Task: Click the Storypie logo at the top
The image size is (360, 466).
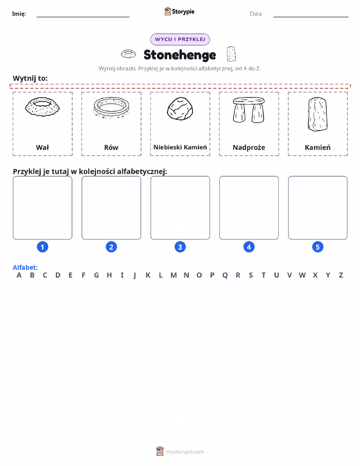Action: tap(179, 12)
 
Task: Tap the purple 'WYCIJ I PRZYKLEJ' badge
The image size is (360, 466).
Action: tap(180, 39)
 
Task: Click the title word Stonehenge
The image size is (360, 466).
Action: tap(180, 55)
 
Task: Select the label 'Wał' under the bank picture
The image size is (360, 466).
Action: tap(43, 147)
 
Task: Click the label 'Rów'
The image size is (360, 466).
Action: tap(111, 147)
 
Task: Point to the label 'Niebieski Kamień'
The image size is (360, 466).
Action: tap(180, 147)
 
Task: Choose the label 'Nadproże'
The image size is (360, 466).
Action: tap(249, 147)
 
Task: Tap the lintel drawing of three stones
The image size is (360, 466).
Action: tap(249, 110)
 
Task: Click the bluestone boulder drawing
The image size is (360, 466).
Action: tap(180, 109)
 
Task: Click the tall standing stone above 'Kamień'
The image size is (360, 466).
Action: tap(317, 114)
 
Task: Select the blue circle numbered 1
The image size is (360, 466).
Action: tap(43, 247)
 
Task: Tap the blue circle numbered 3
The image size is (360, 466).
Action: tap(180, 247)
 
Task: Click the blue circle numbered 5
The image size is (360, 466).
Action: tap(317, 247)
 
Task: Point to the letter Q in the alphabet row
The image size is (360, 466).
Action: tap(225, 275)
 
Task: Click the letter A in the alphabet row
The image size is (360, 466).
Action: tap(19, 275)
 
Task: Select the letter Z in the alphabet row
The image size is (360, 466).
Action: tap(341, 275)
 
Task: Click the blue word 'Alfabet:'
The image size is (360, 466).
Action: tap(25, 267)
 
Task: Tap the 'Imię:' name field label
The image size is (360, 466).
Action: tap(19, 14)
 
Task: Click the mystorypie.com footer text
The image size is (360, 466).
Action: tap(185, 452)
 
